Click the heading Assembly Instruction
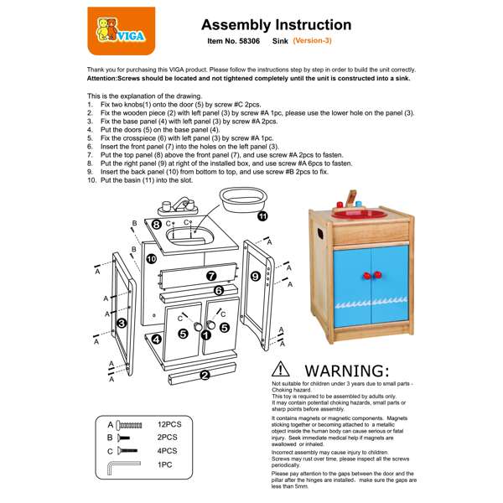276,25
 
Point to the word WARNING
346,371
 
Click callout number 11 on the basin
262,215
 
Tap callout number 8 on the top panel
157,225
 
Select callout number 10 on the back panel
152,259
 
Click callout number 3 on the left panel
122,323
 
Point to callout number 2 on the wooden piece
205,374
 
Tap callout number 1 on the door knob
206,334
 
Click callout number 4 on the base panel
156,340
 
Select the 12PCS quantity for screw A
169,425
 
